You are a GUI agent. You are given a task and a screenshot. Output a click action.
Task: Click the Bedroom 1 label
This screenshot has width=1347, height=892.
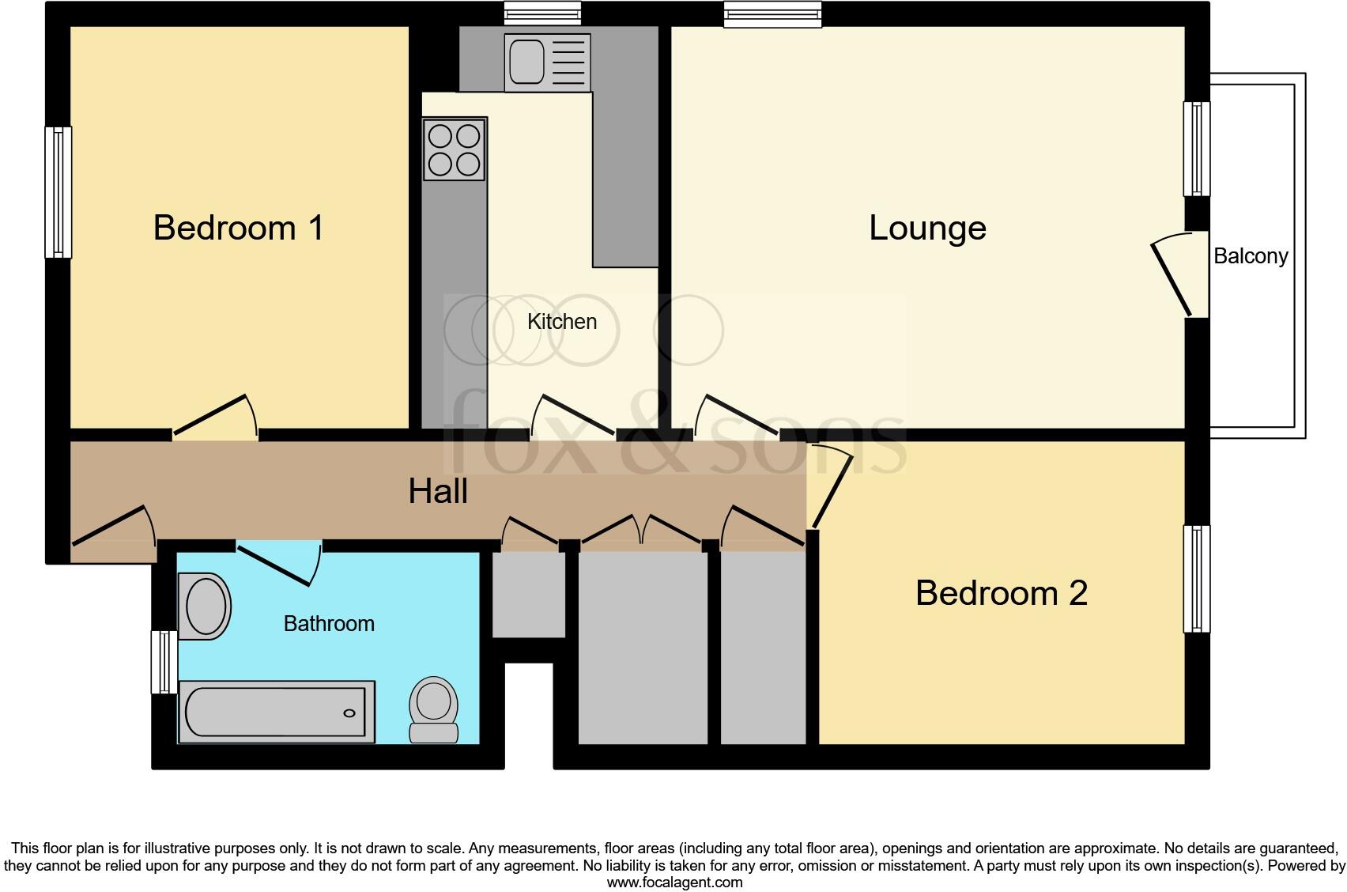tap(238, 228)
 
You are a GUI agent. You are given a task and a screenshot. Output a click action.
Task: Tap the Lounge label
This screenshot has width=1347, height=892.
tap(927, 229)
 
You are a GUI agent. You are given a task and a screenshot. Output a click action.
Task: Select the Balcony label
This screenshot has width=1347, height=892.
tap(1251, 256)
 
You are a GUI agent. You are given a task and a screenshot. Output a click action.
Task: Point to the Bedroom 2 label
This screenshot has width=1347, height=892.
tap(1001, 593)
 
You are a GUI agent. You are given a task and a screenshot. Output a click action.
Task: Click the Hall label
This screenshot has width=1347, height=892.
tap(438, 491)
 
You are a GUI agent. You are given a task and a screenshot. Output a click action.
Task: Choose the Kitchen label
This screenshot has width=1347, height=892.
tap(561, 322)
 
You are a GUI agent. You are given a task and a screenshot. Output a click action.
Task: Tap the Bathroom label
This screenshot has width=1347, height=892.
tap(329, 624)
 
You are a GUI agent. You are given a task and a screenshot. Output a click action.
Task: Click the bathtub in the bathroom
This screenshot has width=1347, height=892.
tap(276, 712)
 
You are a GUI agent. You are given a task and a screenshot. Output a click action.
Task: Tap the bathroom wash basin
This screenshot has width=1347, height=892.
tap(206, 607)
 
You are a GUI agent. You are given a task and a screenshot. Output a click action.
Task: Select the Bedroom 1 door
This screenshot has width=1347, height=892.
tap(215, 417)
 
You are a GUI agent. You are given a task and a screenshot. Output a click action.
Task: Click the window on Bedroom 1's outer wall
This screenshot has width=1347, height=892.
tap(58, 192)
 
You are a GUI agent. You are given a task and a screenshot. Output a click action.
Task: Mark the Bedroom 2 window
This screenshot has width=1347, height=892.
tap(1197, 579)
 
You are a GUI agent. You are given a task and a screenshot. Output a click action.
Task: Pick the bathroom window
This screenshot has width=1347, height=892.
tap(164, 662)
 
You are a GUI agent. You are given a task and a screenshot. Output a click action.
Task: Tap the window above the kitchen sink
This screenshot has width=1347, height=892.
tap(543, 12)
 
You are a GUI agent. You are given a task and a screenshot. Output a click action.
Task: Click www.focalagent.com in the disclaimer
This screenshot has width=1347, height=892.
tap(674, 883)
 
